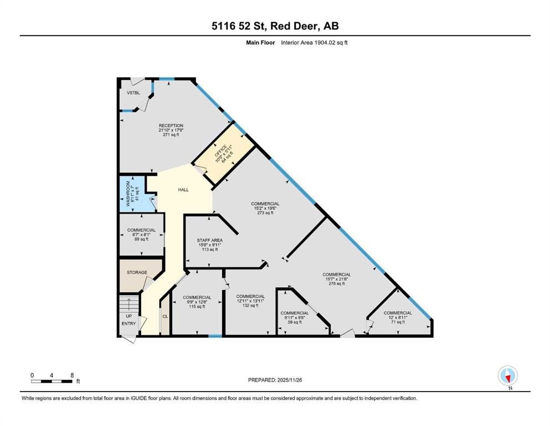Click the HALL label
[183, 190]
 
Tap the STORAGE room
[137, 272]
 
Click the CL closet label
[165, 316]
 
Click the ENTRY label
[128, 323]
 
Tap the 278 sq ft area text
[337, 283]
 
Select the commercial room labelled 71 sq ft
[398, 317]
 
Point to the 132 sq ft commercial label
[250, 301]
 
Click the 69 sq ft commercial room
[141, 234]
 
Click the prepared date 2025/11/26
[275, 380]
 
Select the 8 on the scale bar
[71, 375]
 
